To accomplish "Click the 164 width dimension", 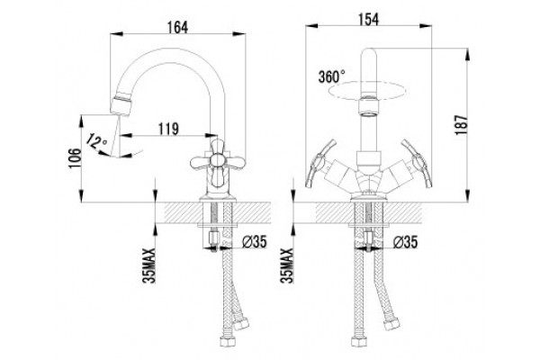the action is [x=177, y=28].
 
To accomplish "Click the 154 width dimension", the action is [x=368, y=19].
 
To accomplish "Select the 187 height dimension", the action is [x=462, y=125].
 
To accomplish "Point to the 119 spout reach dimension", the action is [x=168, y=129].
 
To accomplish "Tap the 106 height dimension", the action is [x=75, y=158].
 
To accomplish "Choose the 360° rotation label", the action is [x=331, y=76].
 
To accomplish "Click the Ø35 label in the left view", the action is [x=254, y=242].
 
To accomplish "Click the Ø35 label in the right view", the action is [x=405, y=242].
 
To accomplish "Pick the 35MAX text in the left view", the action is [x=149, y=265].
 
